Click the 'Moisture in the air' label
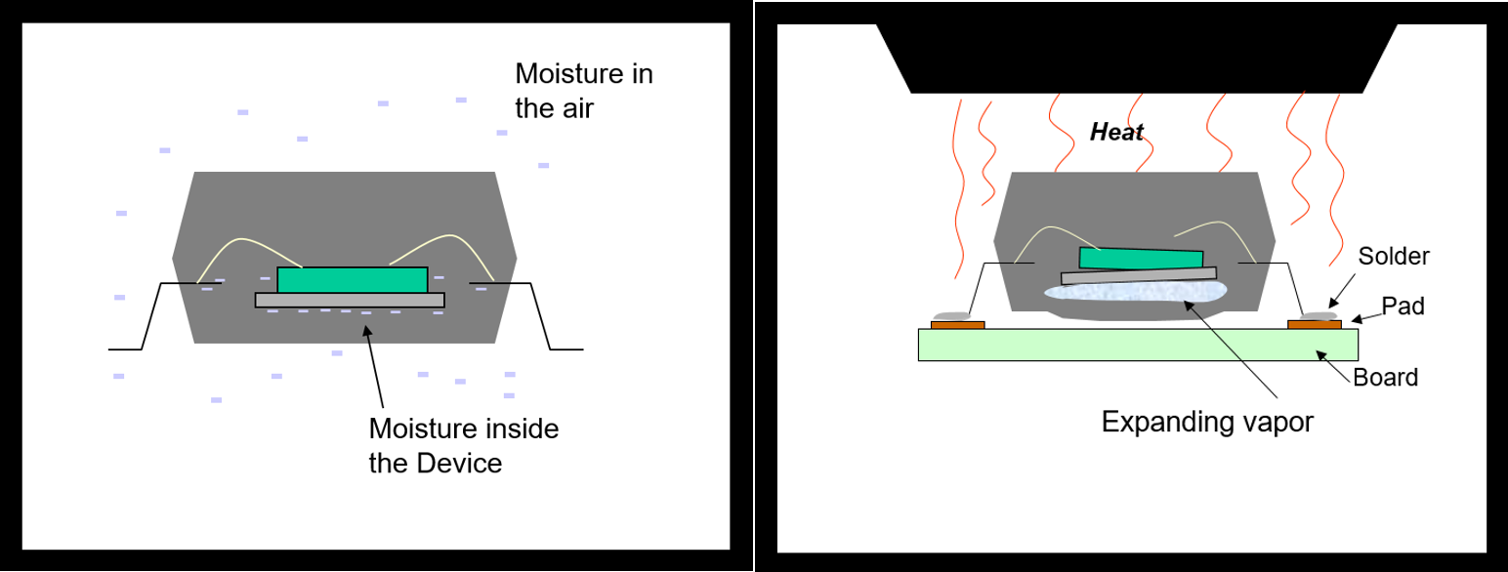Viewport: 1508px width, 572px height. tap(584, 90)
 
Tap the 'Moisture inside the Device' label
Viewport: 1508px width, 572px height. tap(463, 444)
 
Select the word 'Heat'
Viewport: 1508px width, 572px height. tap(1116, 133)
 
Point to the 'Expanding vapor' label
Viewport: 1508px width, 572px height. tap(1207, 422)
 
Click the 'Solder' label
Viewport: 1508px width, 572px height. tap(1394, 257)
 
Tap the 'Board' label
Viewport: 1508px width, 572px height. tap(1385, 377)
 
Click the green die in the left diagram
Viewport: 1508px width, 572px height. tap(352, 279)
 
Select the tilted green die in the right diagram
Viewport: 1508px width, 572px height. tap(1141, 258)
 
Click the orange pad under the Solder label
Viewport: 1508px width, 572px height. tap(1314, 324)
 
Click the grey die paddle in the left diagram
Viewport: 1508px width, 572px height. tap(350, 300)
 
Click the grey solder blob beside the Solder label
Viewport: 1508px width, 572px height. tap(1319, 315)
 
